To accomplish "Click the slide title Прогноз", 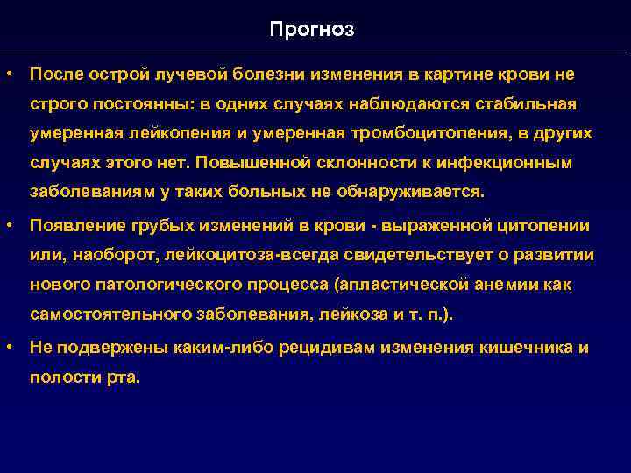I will pos(312,30).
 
